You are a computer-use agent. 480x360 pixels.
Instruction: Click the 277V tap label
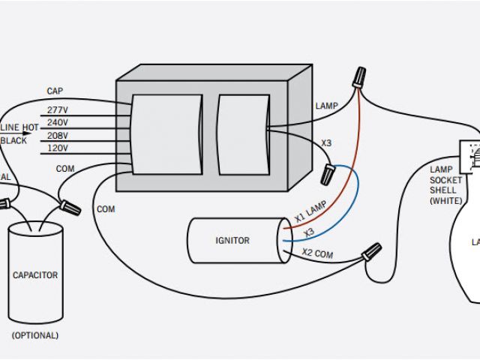(x=58, y=110)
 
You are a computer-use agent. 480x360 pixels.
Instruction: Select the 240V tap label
(x=58, y=122)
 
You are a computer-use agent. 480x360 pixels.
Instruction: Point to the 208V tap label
(x=58, y=136)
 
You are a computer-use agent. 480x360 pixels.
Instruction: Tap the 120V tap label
(x=58, y=148)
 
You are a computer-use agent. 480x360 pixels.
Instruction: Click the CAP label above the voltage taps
(x=55, y=91)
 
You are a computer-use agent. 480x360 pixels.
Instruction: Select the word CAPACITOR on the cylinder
(x=35, y=275)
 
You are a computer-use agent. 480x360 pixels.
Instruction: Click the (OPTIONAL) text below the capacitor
(x=34, y=335)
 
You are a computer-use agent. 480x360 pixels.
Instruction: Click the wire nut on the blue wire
(x=328, y=174)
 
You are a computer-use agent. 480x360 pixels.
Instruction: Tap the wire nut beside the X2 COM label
(x=370, y=252)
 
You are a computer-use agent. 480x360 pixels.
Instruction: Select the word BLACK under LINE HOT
(x=13, y=140)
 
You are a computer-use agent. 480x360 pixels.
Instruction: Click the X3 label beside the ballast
(x=326, y=142)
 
